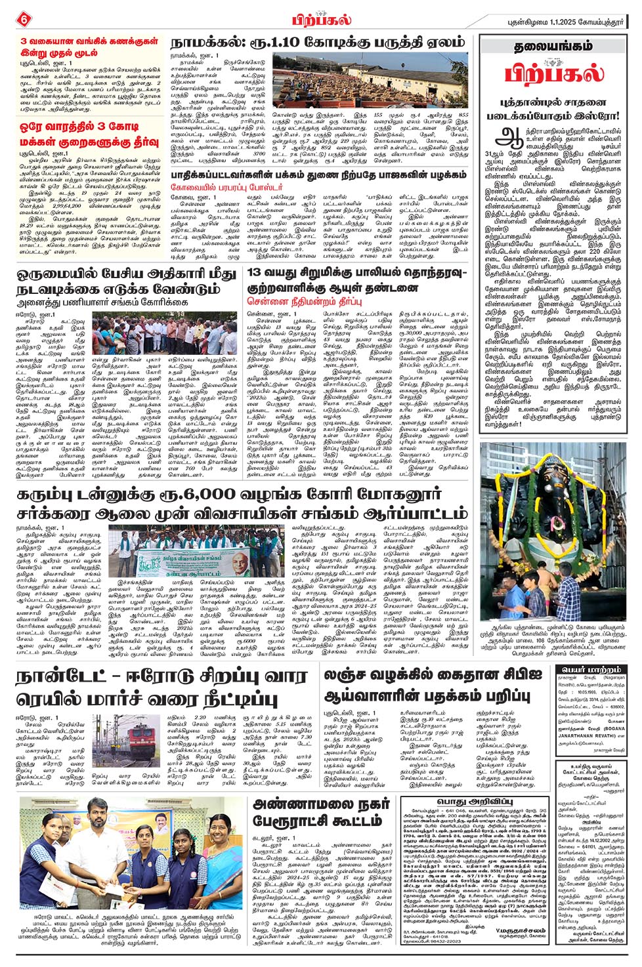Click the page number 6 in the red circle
pyautogui.click(x=24, y=20)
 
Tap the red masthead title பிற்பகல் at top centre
pyautogui.click(x=321, y=20)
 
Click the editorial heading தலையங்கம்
pyautogui.click(x=553, y=48)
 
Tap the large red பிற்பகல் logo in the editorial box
pyautogui.click(x=553, y=73)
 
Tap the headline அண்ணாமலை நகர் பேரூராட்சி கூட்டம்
pyautogui.click(x=322, y=812)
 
